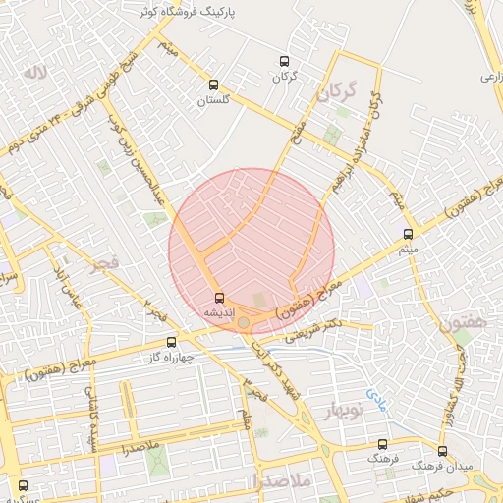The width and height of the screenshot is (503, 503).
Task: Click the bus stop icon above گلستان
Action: [x=214, y=84]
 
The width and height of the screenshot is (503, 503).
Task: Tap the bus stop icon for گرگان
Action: [x=285, y=61]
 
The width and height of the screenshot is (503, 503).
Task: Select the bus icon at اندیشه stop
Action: [x=218, y=297]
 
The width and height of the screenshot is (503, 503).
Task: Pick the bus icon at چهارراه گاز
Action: [x=172, y=343]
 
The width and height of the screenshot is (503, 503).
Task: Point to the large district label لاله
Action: [x=37, y=72]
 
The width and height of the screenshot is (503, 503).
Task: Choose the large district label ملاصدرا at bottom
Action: [x=281, y=481]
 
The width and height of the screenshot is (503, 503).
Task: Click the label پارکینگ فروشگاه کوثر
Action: [x=190, y=11]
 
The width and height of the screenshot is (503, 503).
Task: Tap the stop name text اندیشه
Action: [x=217, y=310]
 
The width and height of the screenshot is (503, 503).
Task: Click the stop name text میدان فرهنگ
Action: [x=435, y=463]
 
